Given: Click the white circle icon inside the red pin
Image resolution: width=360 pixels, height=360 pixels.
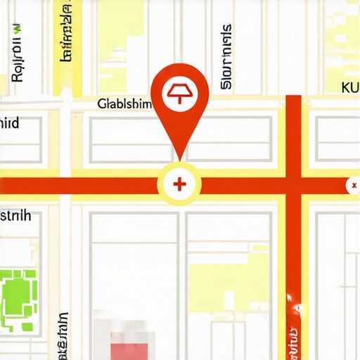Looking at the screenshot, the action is pos(180,91).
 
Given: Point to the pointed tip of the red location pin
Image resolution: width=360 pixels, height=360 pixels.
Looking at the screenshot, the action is pos(180,159).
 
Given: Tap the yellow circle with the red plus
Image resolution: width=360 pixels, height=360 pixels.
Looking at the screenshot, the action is pos(180,185).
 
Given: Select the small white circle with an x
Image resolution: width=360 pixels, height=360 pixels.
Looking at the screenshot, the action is pos(352,186).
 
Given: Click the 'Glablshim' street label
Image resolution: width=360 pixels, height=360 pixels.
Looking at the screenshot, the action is pos(124,105).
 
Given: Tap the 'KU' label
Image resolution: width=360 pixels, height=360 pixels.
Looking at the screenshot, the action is pos(349,88).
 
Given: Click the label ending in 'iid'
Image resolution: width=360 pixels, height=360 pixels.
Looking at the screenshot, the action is pos(9,124).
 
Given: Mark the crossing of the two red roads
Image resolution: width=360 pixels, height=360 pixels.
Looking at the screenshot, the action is pos(294,186).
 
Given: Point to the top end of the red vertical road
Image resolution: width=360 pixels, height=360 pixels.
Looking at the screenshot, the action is pos(294,98).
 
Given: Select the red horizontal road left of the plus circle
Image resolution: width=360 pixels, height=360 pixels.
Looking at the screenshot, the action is pos(77,186).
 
